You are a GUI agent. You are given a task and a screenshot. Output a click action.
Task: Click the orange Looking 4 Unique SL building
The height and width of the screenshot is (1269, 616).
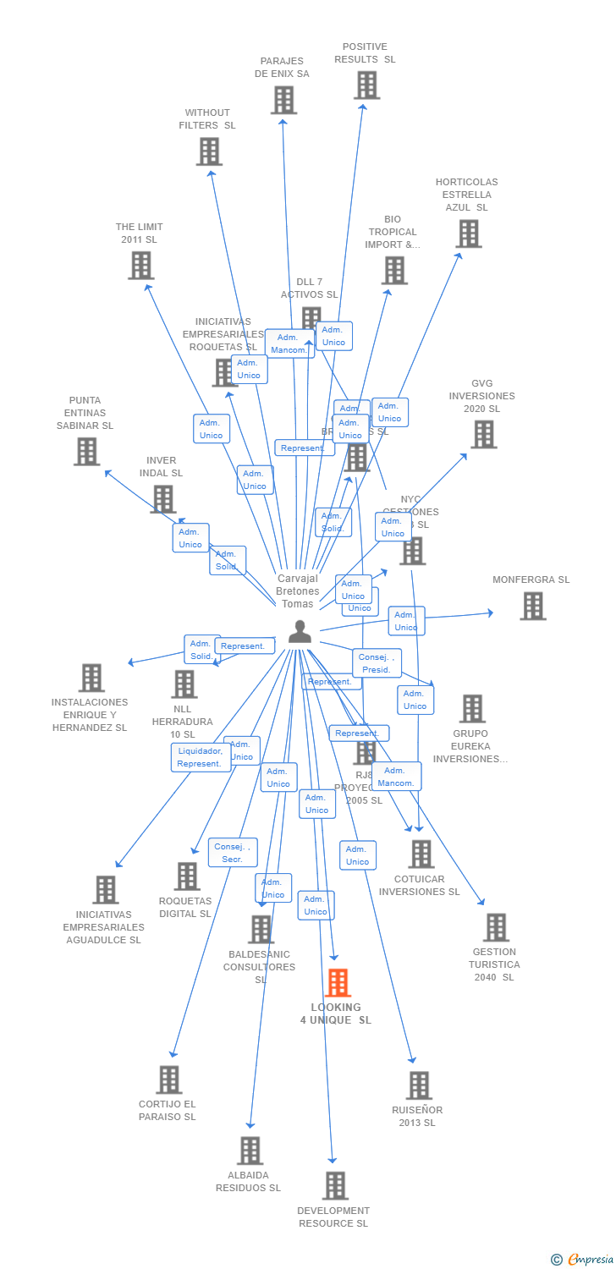pos(338,982)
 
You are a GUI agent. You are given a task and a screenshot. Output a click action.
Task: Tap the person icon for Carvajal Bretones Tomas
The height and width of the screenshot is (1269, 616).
pos(300,632)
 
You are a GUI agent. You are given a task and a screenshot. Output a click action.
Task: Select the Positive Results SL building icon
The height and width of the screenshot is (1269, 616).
pos(366,85)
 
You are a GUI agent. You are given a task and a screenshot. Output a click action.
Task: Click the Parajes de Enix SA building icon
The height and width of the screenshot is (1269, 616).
pos(283,100)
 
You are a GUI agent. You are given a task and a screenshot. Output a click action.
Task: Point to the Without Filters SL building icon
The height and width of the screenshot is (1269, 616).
pos(209,151)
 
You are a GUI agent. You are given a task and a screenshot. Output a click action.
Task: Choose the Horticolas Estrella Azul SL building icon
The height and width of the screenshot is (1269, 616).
pos(468,233)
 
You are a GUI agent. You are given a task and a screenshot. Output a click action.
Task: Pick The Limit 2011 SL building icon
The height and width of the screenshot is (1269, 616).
pos(140,266)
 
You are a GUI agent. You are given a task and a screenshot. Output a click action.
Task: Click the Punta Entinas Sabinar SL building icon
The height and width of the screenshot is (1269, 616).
pos(86,452)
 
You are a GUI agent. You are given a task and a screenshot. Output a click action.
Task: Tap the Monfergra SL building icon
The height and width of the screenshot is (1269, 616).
pos(532,606)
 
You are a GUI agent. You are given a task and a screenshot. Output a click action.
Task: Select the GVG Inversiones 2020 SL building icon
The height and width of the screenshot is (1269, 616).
pos(483,435)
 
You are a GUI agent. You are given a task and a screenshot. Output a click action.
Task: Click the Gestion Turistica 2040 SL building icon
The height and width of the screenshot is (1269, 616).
pos(496,927)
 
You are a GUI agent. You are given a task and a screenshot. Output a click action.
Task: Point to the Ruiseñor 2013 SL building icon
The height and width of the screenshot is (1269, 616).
pos(419,1085)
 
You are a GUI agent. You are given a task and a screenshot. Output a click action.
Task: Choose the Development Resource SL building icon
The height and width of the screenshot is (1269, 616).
pos(335,1186)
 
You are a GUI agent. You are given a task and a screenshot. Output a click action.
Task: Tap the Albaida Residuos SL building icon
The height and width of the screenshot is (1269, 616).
pos(250,1151)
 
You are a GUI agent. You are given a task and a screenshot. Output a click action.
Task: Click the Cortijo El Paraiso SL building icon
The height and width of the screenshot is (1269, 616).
pos(169,1079)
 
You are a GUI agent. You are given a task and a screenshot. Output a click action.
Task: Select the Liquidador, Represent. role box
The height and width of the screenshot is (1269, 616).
pos(201,757)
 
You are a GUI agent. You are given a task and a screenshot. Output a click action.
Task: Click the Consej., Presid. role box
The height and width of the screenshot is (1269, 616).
pos(377,663)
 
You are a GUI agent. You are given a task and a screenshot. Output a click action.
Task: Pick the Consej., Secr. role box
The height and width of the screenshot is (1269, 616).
pos(233,853)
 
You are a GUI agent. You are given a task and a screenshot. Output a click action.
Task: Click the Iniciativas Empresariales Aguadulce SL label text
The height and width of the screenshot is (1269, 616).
pos(103,927)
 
